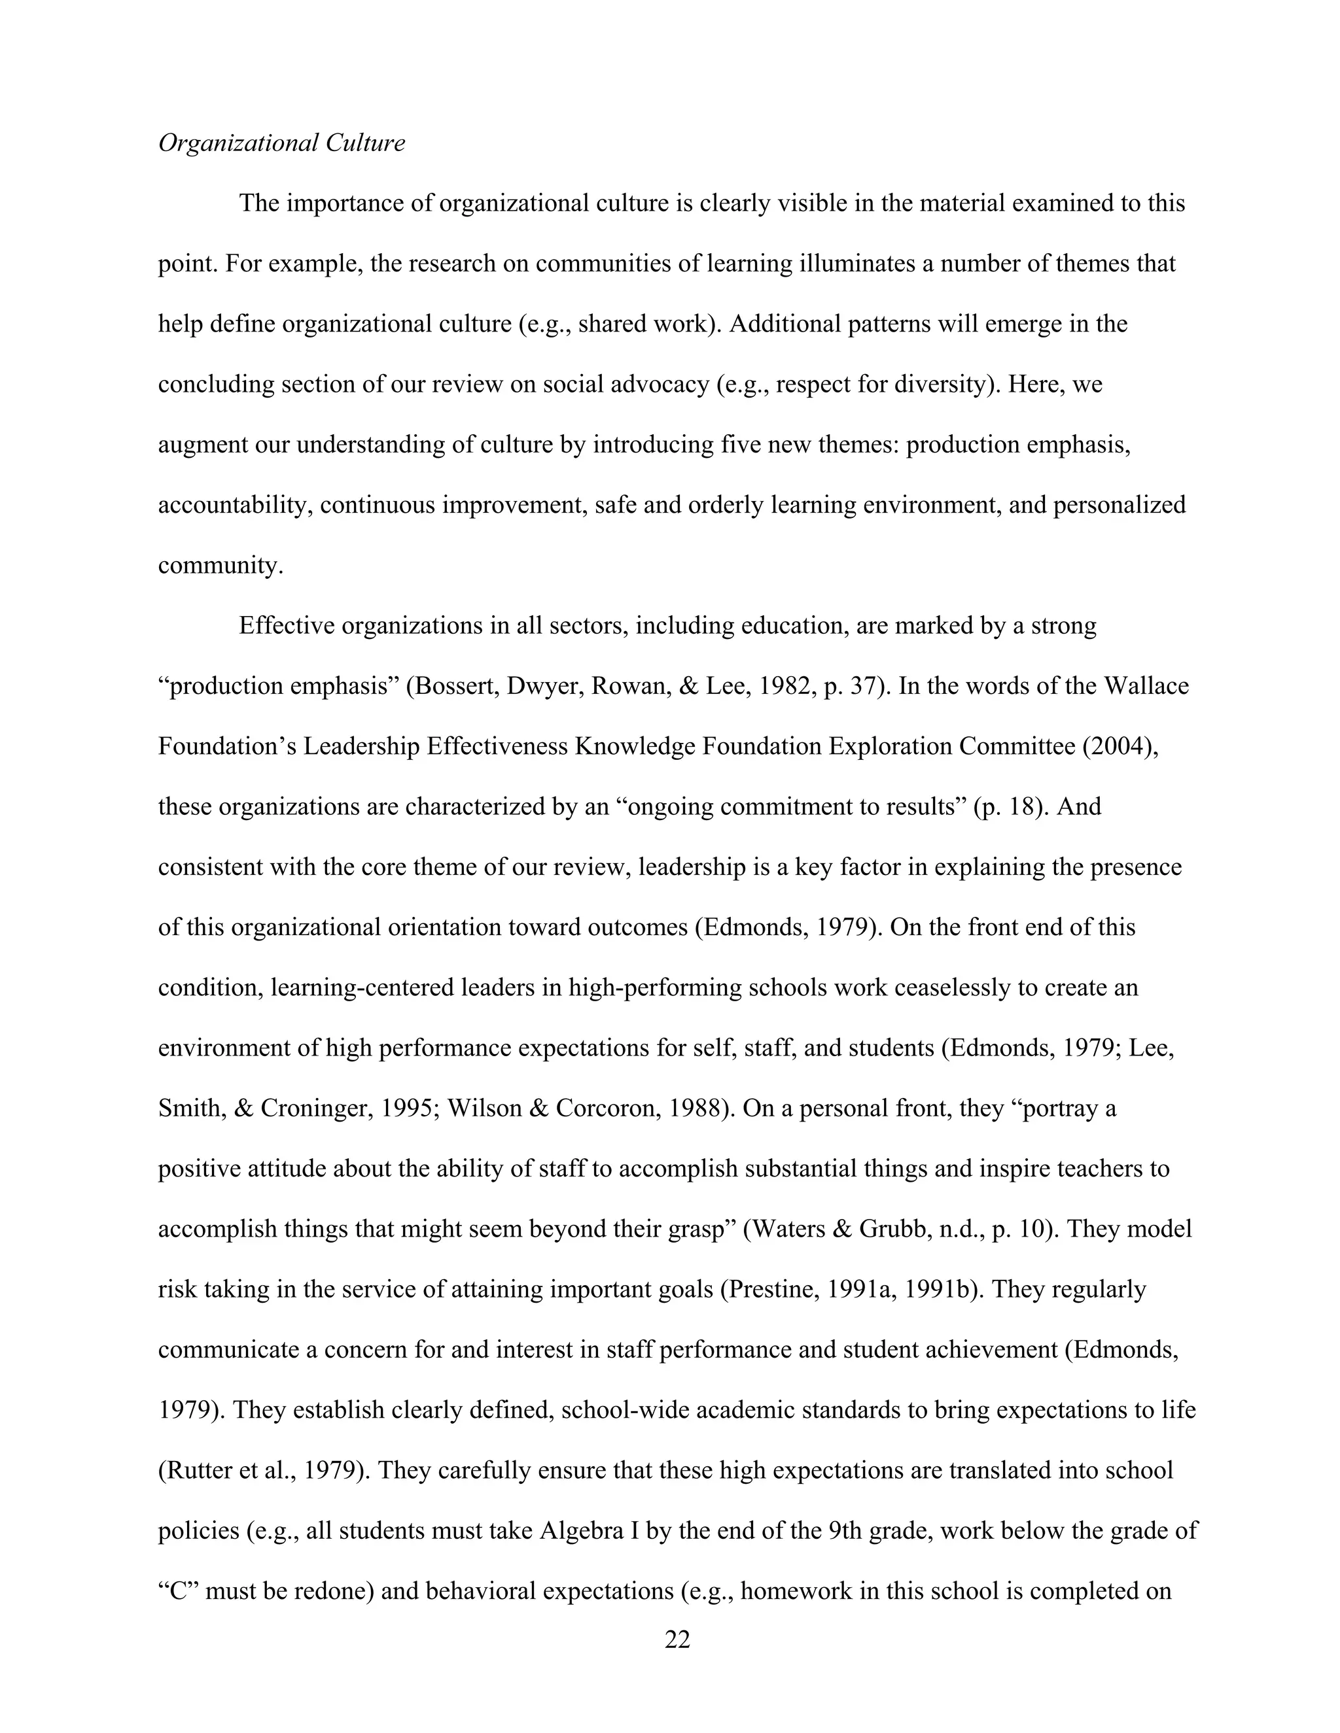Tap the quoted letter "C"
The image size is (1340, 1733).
click(x=178, y=1591)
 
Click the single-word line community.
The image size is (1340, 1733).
click(x=220, y=565)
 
